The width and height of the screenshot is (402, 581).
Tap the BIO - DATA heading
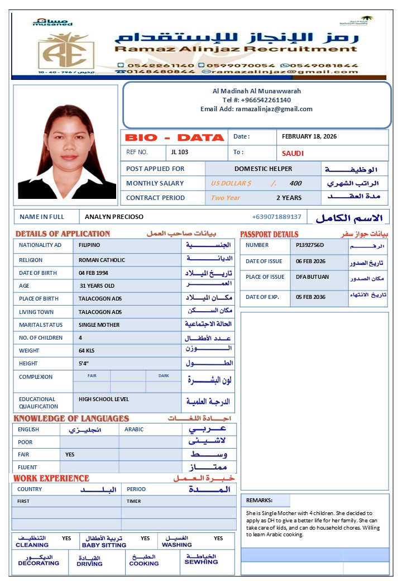(x=174, y=137)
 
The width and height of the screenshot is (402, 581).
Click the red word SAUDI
(x=293, y=153)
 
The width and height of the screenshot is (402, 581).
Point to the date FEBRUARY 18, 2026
(x=309, y=136)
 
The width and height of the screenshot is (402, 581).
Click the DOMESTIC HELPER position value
(x=263, y=169)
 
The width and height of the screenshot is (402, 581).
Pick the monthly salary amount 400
(x=295, y=183)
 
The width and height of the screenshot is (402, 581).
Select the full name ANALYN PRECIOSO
(x=114, y=217)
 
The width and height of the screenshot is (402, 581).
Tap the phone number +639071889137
(x=276, y=217)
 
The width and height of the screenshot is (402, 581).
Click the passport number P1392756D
(x=310, y=245)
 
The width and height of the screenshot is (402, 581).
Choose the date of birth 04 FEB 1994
(x=93, y=273)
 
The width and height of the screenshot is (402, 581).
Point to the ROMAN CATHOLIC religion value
(x=102, y=260)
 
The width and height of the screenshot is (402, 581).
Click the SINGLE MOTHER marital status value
(x=98, y=325)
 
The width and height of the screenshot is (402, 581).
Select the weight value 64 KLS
(x=87, y=351)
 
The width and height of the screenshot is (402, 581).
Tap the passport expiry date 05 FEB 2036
(x=311, y=297)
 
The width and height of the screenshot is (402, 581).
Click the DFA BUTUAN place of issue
(x=312, y=277)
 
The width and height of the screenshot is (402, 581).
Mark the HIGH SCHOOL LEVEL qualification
(x=104, y=399)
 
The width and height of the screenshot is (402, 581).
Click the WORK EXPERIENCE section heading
(x=51, y=478)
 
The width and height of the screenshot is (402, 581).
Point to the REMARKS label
(x=259, y=501)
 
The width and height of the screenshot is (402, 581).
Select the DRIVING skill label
(x=89, y=564)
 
